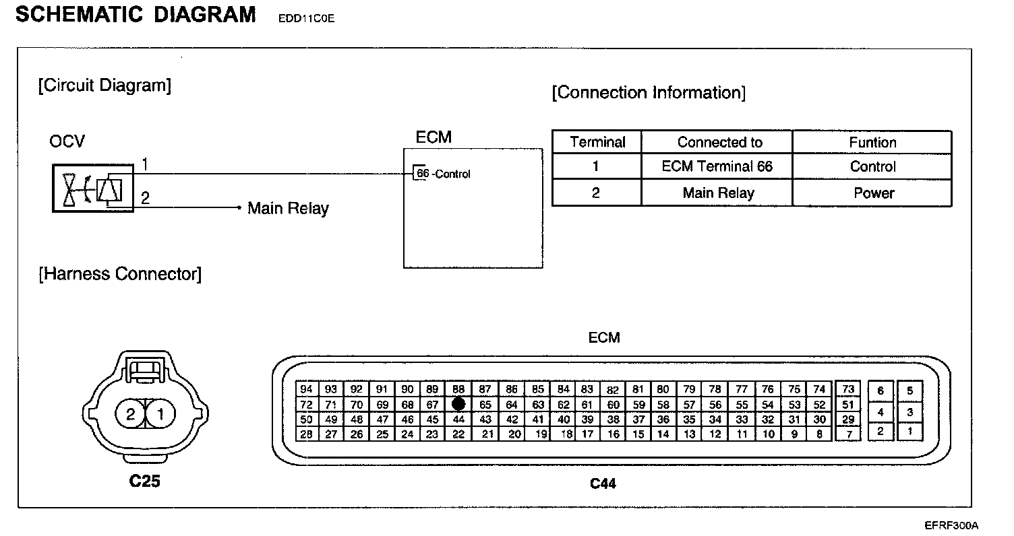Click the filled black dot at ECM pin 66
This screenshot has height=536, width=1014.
pyautogui.click(x=458, y=404)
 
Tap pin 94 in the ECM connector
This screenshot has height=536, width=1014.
pyautogui.click(x=306, y=389)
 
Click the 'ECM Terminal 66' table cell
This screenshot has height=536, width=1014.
pyautogui.click(x=717, y=166)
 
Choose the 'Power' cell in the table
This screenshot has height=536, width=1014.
pyautogui.click(x=873, y=193)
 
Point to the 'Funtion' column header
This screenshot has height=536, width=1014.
pyautogui.click(x=872, y=143)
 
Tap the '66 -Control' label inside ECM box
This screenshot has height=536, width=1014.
pyautogui.click(x=443, y=174)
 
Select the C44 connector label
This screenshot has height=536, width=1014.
pyautogui.click(x=603, y=483)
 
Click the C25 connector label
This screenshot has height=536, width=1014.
pyautogui.click(x=145, y=481)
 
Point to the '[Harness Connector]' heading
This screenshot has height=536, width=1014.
pyautogui.click(x=120, y=274)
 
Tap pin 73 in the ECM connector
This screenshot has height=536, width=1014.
pyautogui.click(x=847, y=389)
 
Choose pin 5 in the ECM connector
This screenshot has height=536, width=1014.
pyautogui.click(x=909, y=391)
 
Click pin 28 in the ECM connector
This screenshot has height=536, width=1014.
pyautogui.click(x=306, y=434)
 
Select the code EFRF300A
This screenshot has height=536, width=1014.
pyautogui.click(x=951, y=525)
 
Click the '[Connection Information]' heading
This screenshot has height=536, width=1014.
pyautogui.click(x=649, y=92)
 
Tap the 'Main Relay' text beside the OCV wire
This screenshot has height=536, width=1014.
pyautogui.click(x=288, y=208)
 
